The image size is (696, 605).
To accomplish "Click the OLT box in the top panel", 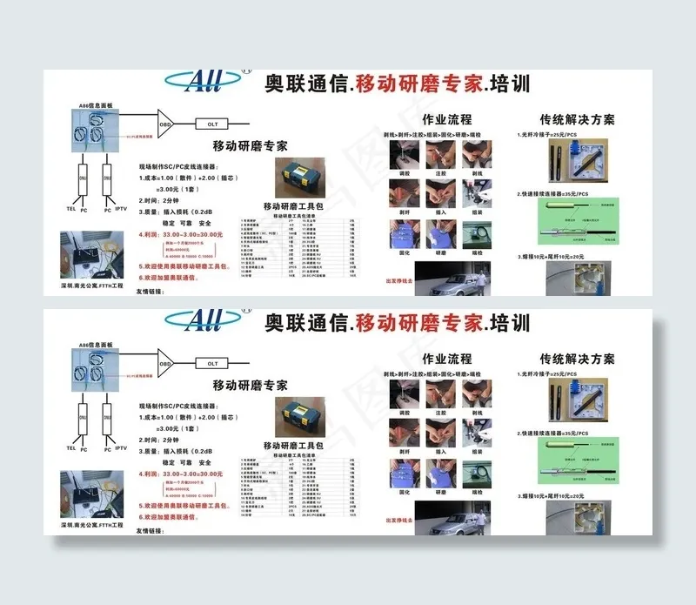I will pos(213,124).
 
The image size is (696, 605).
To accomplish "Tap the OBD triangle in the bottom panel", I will pos(165,361).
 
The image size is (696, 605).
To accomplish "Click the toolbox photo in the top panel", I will pos(300,178).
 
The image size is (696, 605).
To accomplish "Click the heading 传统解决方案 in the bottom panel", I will pos(577,358).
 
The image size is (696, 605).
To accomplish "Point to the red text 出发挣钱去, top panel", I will pos(398,281).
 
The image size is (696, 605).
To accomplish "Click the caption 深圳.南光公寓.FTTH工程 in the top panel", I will pos(92,286).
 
